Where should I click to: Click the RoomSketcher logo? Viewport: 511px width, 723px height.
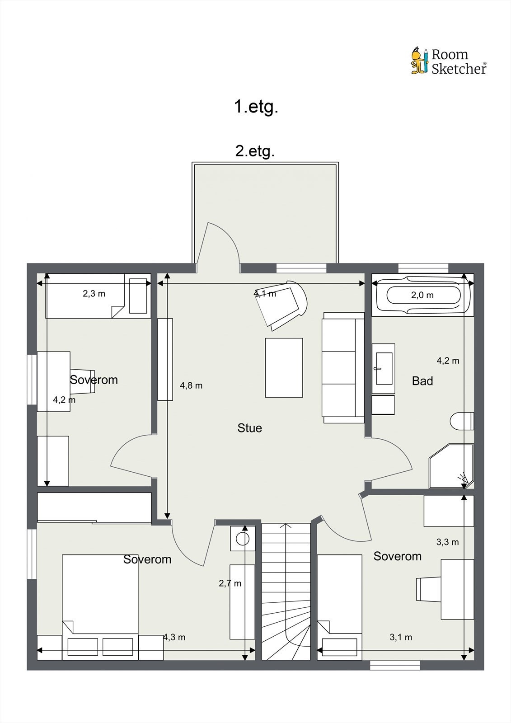coord(449,61)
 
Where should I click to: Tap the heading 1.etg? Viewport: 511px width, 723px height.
coord(256,107)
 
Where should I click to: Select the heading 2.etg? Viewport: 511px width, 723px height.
coord(255,151)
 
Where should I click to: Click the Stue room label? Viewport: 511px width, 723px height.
coord(249,428)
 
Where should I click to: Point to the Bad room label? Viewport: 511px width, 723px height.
coord(422,381)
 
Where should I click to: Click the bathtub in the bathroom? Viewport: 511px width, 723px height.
coord(423,295)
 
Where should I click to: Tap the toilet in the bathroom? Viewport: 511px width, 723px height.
coord(462,421)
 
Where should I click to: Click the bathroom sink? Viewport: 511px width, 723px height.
coord(384,368)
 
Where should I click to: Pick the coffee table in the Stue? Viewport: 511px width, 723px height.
coord(284,368)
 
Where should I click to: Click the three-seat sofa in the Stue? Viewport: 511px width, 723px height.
coord(343,368)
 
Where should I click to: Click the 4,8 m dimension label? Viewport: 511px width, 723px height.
coord(191,385)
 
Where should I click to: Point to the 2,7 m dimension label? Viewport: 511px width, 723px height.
coord(230,583)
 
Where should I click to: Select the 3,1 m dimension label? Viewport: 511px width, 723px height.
coord(401,637)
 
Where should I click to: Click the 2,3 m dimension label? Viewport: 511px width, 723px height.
coord(94,293)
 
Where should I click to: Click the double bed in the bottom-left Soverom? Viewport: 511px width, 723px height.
coord(100,607)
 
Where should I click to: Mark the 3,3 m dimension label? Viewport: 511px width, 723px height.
coord(447,542)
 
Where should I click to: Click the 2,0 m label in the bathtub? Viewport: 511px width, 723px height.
coord(422,295)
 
